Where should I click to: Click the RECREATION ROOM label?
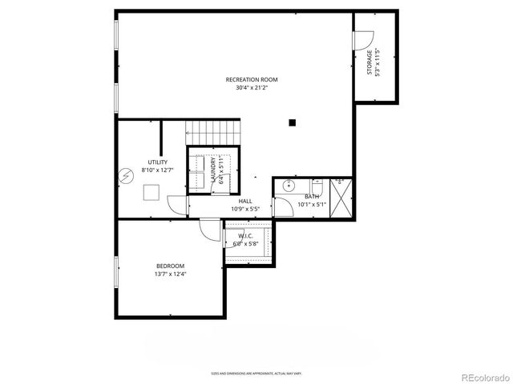[x=251, y=78]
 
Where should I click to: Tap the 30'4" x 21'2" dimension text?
[x=251, y=88]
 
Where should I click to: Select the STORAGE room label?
[x=370, y=62]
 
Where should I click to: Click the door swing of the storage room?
[x=364, y=38]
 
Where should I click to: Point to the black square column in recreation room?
[x=293, y=122]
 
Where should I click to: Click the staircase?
[x=213, y=130]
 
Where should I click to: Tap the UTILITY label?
[x=157, y=162]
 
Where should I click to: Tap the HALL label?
[x=245, y=202]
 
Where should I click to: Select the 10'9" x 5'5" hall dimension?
[x=245, y=210]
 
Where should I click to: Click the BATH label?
[x=312, y=195]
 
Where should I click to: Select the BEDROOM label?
[x=170, y=266]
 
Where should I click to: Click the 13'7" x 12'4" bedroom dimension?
[x=170, y=274]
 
